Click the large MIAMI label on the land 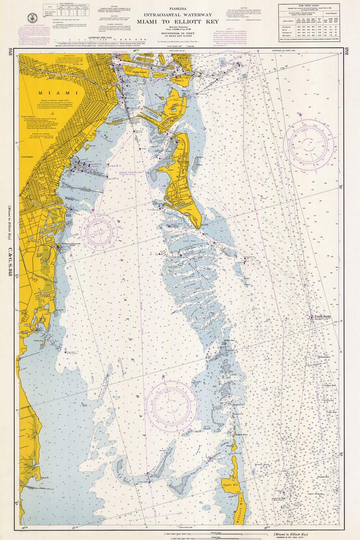tap(47, 93)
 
